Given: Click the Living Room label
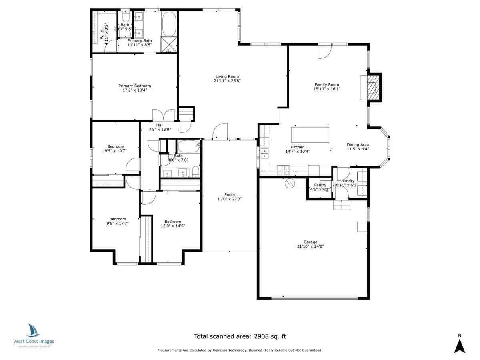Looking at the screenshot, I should pyautogui.click(x=227, y=76).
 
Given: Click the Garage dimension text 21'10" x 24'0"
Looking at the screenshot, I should pyautogui.click(x=310, y=247).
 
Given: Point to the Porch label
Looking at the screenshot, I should pyautogui.click(x=230, y=195).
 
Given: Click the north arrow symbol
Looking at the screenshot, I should pyautogui.click(x=460, y=345).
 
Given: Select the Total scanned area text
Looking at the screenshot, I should pyautogui.click(x=240, y=336).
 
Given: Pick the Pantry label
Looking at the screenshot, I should pyautogui.click(x=320, y=185).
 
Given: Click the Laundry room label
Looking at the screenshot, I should pyautogui.click(x=347, y=181).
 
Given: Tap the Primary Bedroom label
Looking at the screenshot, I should pyautogui.click(x=134, y=86).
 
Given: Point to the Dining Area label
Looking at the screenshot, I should pyautogui.click(x=358, y=145).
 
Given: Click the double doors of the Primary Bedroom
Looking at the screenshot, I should pyautogui.click(x=163, y=115).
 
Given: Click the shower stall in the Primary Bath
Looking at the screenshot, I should pyautogui.click(x=168, y=45).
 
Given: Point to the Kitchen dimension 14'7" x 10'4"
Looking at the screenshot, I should pyautogui.click(x=298, y=151).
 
